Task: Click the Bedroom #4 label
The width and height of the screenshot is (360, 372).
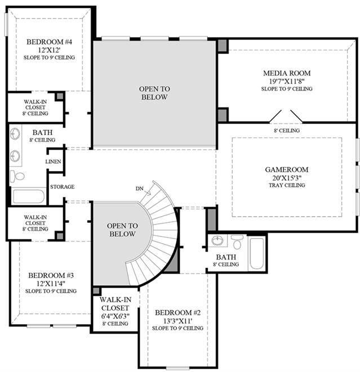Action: point(49,42)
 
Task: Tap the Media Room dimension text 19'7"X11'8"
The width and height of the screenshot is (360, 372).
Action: point(287,82)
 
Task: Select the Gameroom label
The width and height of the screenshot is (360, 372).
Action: point(287,169)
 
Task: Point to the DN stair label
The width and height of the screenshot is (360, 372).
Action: point(139,189)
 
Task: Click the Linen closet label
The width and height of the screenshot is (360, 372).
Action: point(53,162)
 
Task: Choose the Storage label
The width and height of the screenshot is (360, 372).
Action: point(62,187)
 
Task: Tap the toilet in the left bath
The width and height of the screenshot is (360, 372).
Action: point(17,176)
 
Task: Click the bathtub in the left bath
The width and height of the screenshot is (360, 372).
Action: point(29,196)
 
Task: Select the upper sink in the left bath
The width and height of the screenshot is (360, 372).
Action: point(15,134)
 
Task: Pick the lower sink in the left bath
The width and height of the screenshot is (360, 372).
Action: point(15,156)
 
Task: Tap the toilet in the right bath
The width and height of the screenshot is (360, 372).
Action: point(237,242)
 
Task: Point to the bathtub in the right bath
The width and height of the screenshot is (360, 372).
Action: point(257,254)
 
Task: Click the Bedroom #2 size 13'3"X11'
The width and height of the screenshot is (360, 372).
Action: point(177,321)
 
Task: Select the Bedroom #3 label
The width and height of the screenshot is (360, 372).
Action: point(51,275)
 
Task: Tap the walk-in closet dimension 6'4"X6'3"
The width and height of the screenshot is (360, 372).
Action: point(115,316)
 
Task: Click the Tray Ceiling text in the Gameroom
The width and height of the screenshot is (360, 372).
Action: point(287,185)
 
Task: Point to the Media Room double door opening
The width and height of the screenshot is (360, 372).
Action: point(286,116)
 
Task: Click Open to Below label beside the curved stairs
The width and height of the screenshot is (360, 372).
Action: point(122,230)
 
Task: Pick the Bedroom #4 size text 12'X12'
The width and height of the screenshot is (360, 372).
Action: point(49,50)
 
